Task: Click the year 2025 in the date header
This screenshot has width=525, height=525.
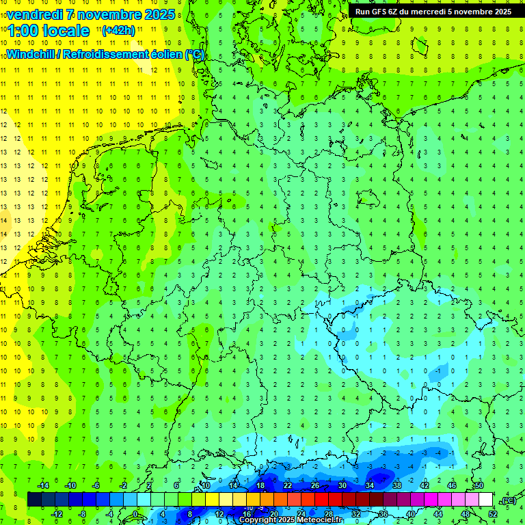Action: pyautogui.click(x=159, y=14)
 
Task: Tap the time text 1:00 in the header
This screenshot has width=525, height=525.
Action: pyautogui.click(x=23, y=31)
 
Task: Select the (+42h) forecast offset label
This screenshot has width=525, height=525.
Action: pyautogui.click(x=118, y=31)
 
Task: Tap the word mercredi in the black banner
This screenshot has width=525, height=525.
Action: pyautogui.click(x=429, y=12)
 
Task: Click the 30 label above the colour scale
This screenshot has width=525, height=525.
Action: pyautogui.click(x=342, y=485)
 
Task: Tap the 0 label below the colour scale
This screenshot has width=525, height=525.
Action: pyautogui.click(x=135, y=514)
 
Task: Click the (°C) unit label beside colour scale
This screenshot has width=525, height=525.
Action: pyautogui.click(x=508, y=500)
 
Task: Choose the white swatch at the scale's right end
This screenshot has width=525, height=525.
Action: pyautogui.click(x=485, y=500)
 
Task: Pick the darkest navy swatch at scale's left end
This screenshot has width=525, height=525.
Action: pyautogui.click(x=34, y=500)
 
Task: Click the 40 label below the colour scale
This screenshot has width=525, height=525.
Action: pyautogui.click(x=411, y=514)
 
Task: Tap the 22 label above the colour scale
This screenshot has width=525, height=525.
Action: pyautogui.click(x=288, y=485)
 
